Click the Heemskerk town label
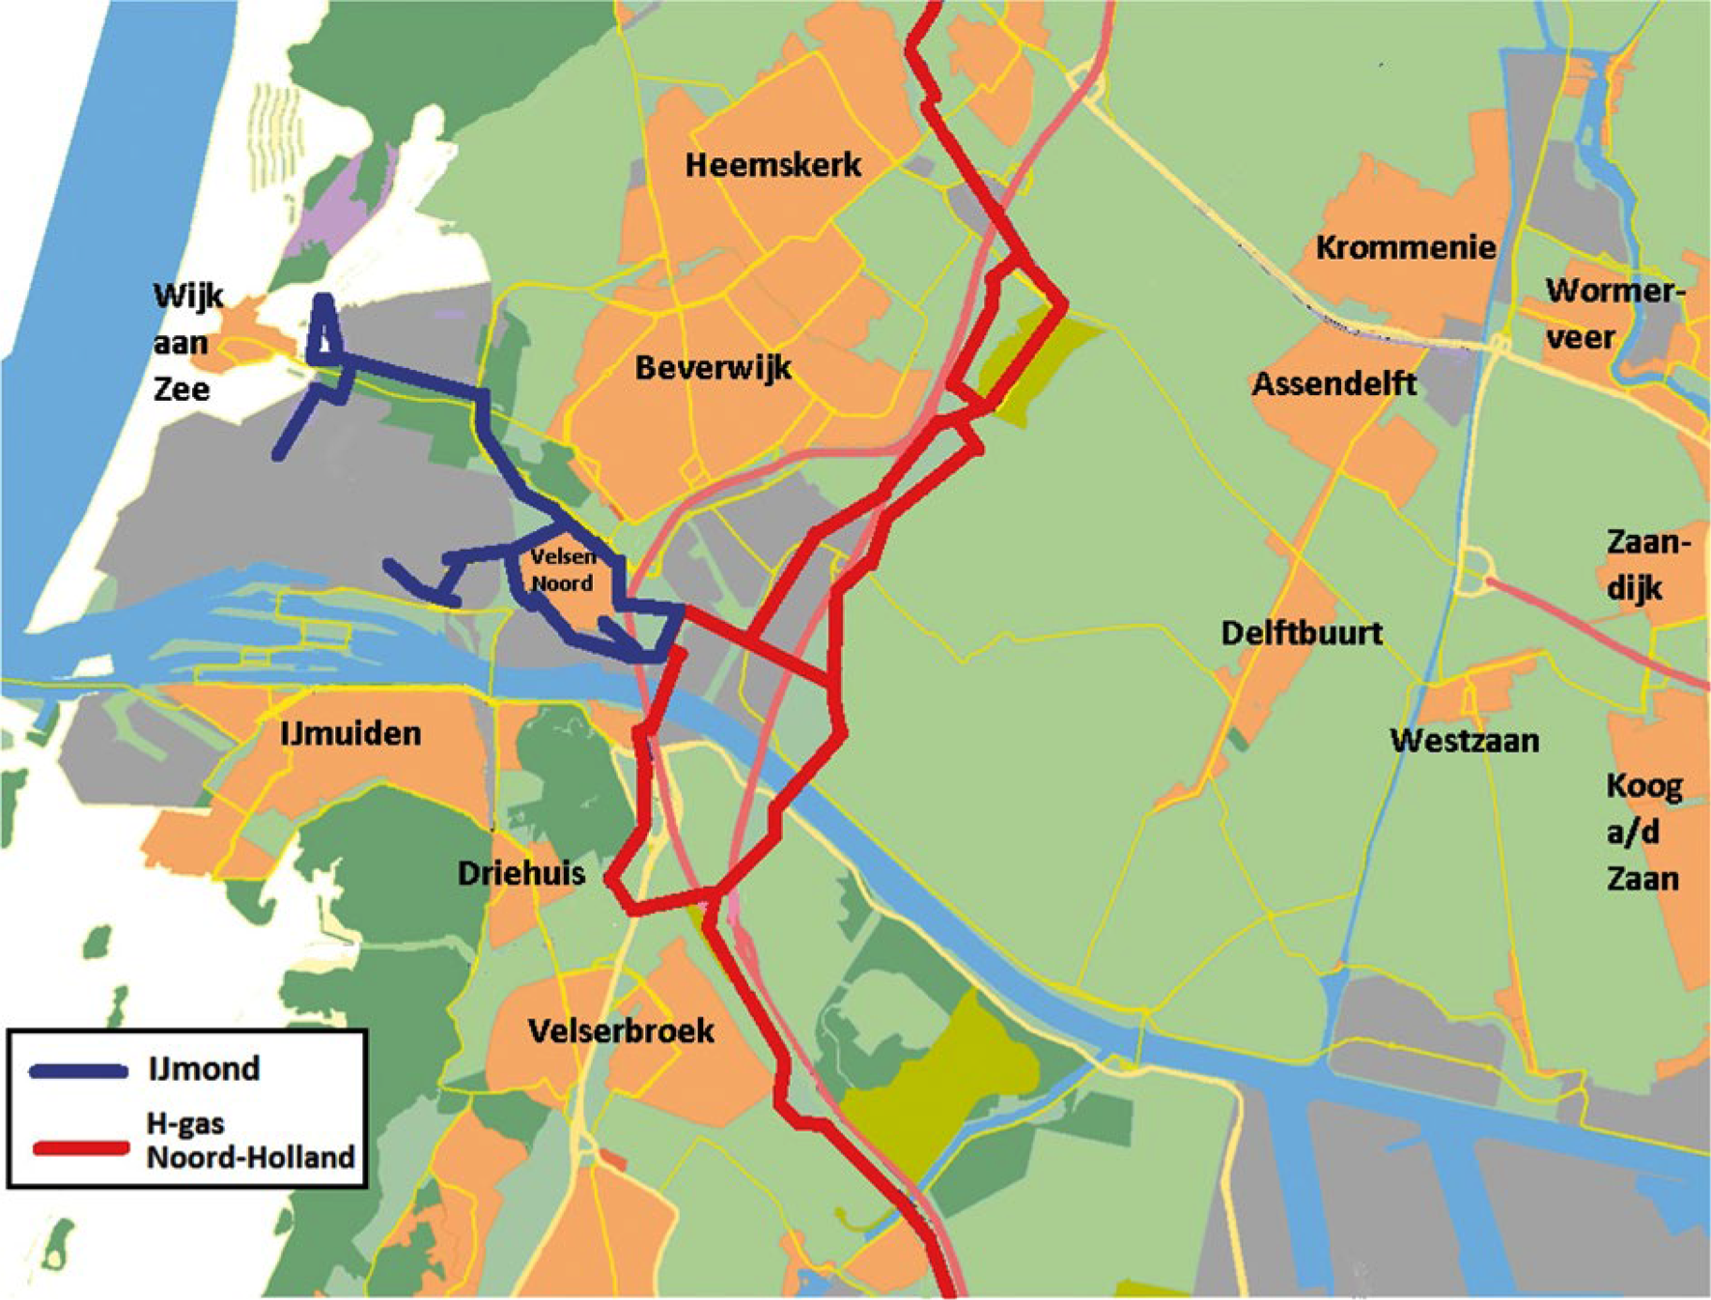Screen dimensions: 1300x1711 [x=772, y=165]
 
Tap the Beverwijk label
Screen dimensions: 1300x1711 [x=713, y=368]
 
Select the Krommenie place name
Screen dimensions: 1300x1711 [x=1405, y=247]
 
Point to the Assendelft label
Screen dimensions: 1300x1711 [x=1333, y=384]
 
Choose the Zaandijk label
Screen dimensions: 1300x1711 [x=1645, y=564]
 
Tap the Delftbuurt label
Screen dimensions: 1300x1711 [x=1301, y=634]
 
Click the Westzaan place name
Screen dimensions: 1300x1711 [x=1464, y=741]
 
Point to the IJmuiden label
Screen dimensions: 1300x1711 [x=351, y=734]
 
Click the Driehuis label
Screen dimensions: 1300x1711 [x=521, y=873]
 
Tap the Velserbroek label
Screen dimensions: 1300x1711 [x=621, y=1031]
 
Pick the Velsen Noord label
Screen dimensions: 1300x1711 [x=563, y=570]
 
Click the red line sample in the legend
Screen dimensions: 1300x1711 [x=81, y=1148]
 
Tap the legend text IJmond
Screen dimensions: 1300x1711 [x=204, y=1069]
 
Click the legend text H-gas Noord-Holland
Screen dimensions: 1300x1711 [x=250, y=1141]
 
